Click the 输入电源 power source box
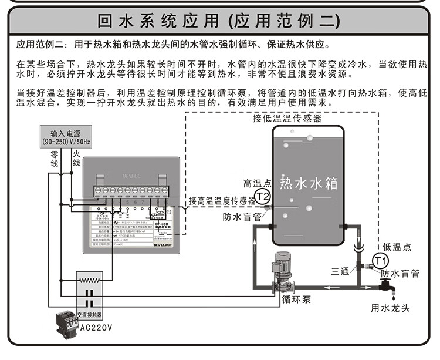tap(65, 136)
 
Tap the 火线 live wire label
tap(76, 158)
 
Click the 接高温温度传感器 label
tap(222, 200)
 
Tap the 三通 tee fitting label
tap(340, 271)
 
